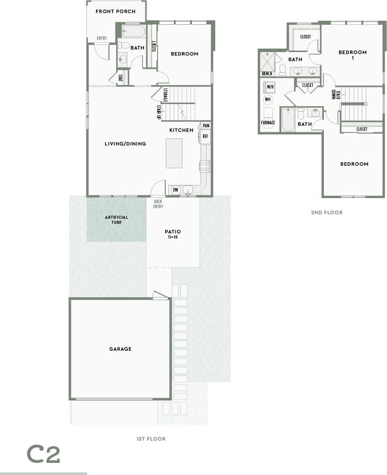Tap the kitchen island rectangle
pyautogui.click(x=174, y=153)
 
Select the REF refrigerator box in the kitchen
pyautogui.click(x=206, y=136)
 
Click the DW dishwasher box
pyautogui.click(x=175, y=190)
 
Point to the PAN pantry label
pyautogui.click(x=206, y=125)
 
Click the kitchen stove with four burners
pyautogui.click(x=205, y=166)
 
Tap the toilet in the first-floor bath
pyautogui.click(x=124, y=45)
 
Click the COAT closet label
pyautogui.click(x=121, y=78)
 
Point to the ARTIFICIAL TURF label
pyautogui.click(x=117, y=219)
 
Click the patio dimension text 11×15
pyautogui.click(x=173, y=236)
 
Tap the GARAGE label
pyautogui.click(x=120, y=349)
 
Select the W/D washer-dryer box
pyautogui.click(x=270, y=87)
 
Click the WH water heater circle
pyautogui.click(x=267, y=100)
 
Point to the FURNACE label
pyautogui.click(x=268, y=123)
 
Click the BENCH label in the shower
pyautogui.click(x=267, y=74)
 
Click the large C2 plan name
pyautogui.click(x=43, y=455)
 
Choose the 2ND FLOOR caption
pyautogui.click(x=326, y=213)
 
